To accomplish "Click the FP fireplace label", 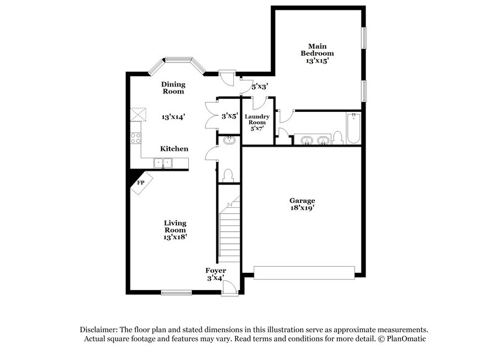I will [x=140, y=182].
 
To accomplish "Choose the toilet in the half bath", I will [x=228, y=175].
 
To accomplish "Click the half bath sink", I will [x=230, y=140].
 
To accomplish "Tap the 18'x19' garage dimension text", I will [x=302, y=209].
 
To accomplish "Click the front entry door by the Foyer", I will [x=229, y=286].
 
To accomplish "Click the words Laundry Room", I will [x=256, y=119].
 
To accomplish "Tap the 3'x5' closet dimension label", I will [x=230, y=116].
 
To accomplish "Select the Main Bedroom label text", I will [x=317, y=49].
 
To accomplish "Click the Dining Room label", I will [x=173, y=87].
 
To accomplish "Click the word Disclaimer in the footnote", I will [x=102, y=330].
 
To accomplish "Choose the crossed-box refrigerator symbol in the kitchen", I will [x=137, y=114].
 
